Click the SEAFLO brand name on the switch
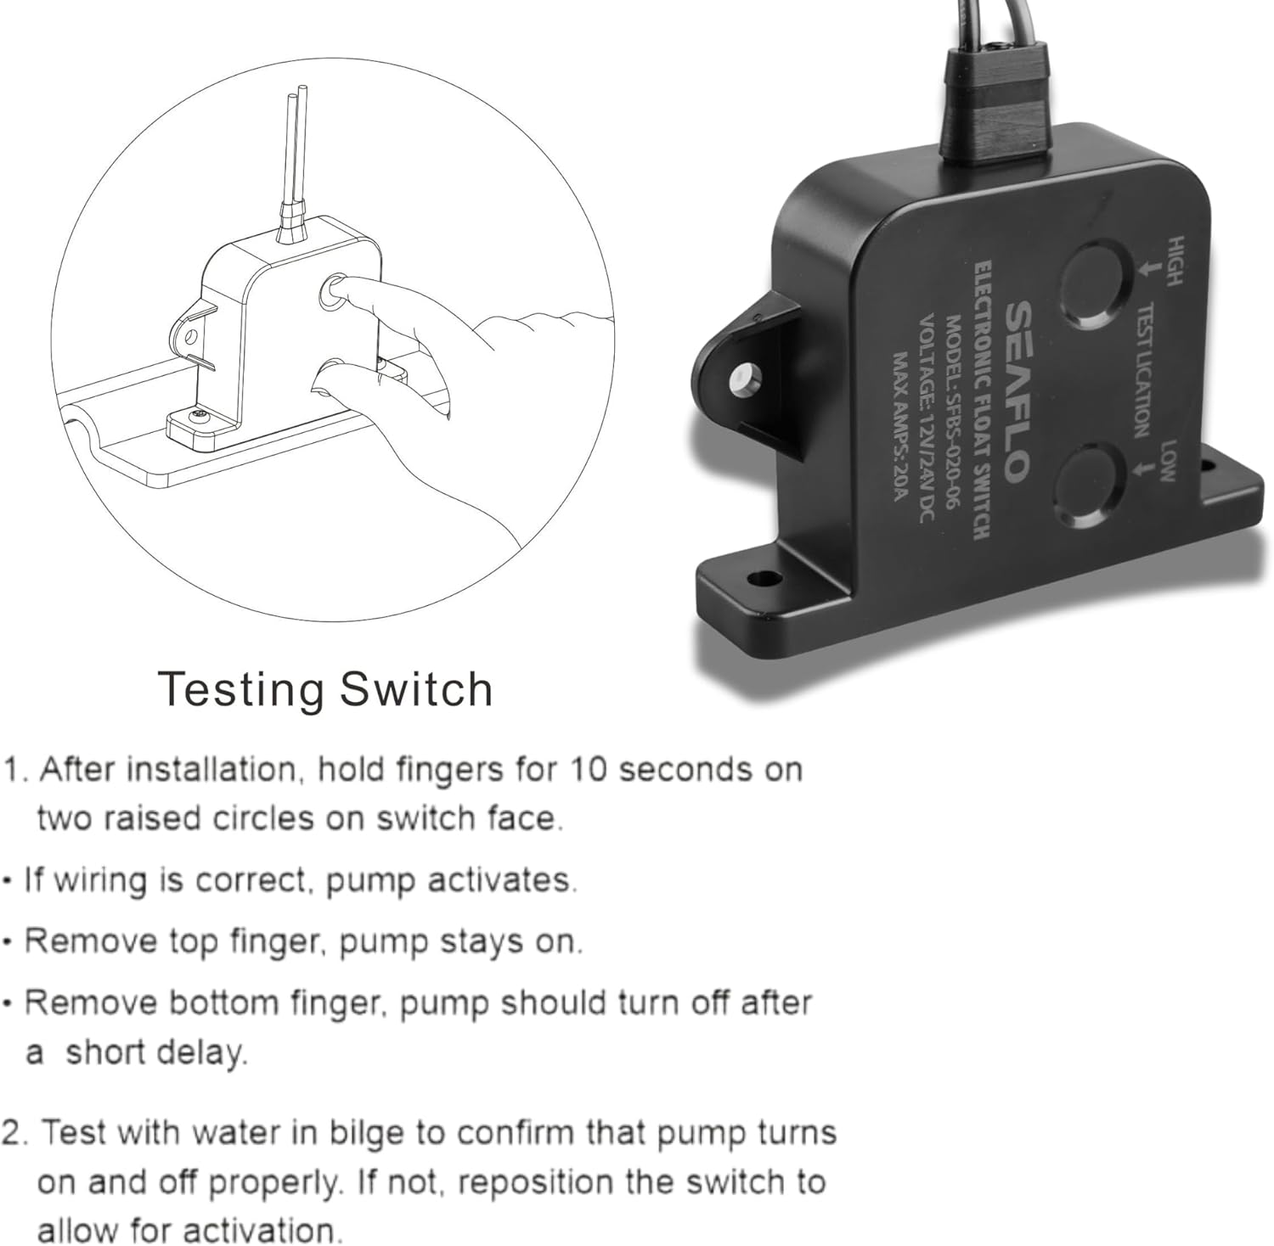pyautogui.click(x=1018, y=393)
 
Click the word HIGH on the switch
pyautogui.click(x=1175, y=262)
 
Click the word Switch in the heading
pyautogui.click(x=416, y=689)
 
